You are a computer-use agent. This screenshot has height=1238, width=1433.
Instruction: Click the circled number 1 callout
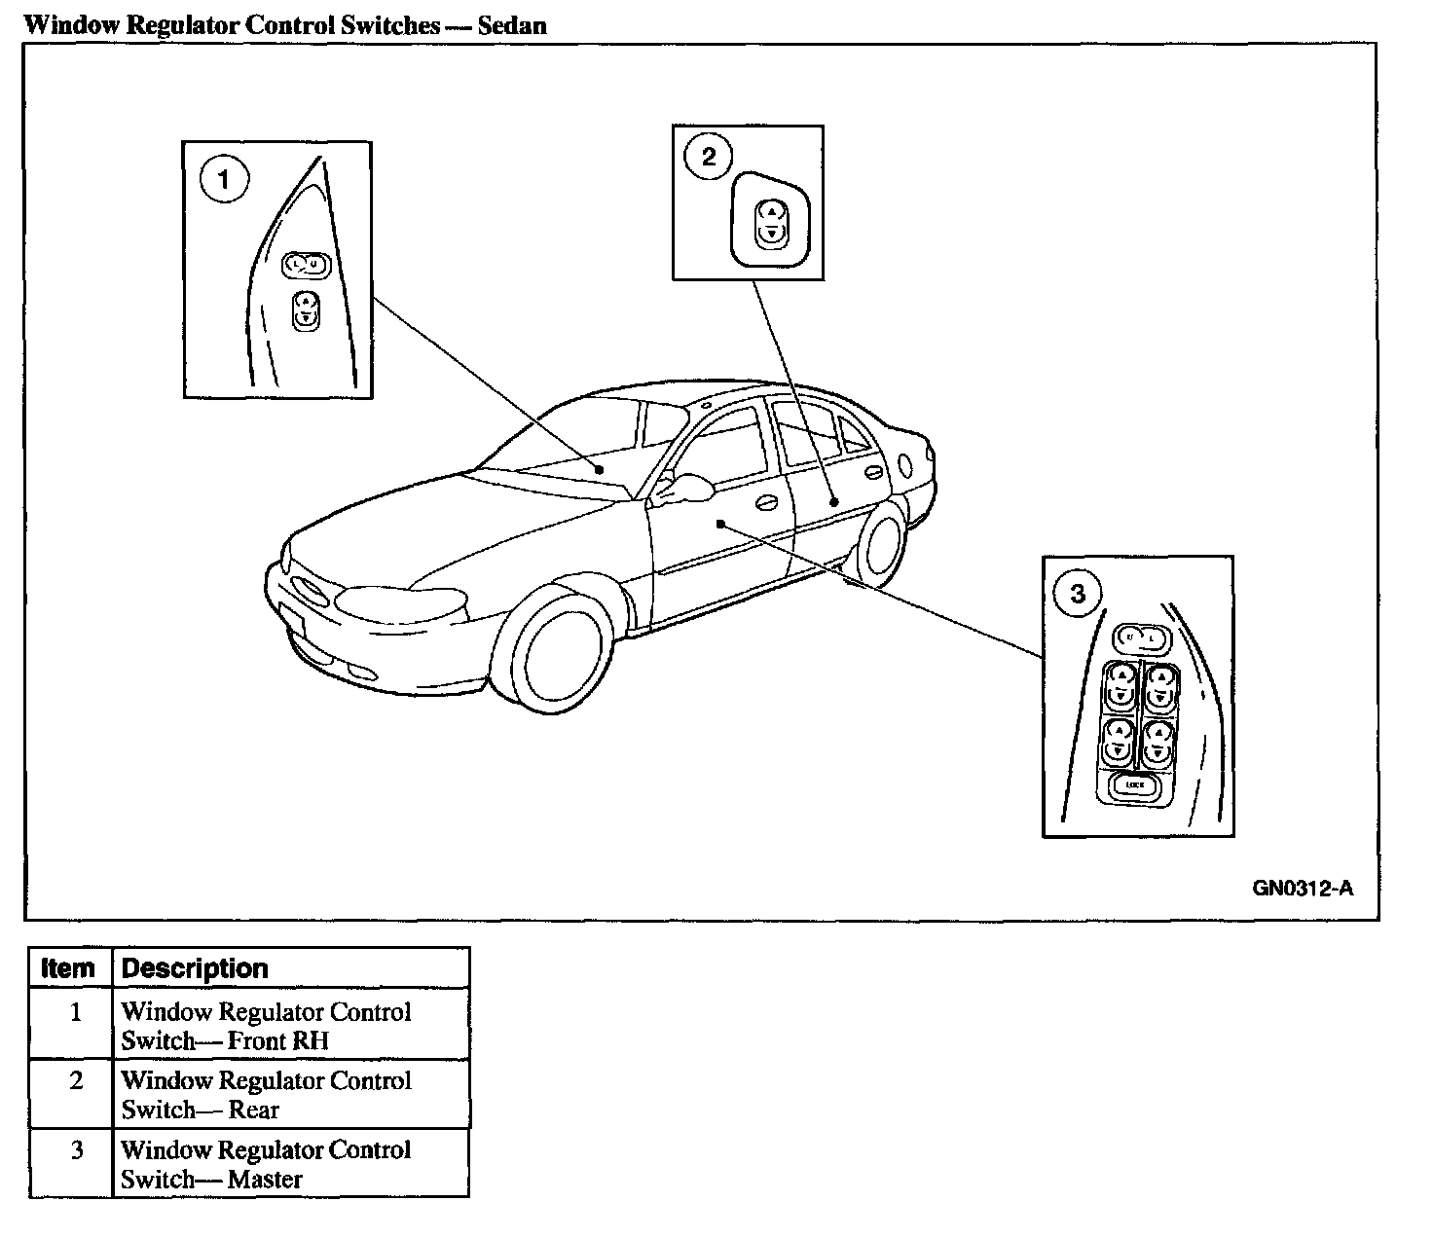[224, 181]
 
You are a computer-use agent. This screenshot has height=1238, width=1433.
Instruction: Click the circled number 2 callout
[708, 157]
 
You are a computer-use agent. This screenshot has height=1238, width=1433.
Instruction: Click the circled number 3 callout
[1077, 593]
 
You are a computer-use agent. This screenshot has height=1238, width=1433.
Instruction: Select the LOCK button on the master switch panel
[1134, 785]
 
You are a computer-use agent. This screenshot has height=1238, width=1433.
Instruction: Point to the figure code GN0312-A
[1303, 888]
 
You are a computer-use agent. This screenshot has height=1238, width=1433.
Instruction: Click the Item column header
[69, 968]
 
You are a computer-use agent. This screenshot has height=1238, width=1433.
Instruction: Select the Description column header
[195, 968]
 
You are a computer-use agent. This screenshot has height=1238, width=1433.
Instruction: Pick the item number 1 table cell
[75, 1012]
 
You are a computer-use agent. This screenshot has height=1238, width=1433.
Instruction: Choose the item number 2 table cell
[75, 1081]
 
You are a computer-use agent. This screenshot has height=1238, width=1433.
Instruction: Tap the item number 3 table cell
[75, 1150]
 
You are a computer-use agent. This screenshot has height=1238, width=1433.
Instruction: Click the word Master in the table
[265, 1180]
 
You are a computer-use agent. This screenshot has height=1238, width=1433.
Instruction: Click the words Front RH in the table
[278, 1041]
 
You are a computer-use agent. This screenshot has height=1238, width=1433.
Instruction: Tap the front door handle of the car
[766, 503]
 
